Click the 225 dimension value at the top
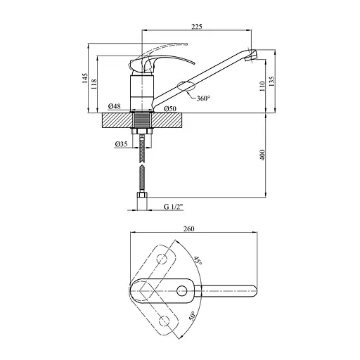(x=197, y=27)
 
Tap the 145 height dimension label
(x=84, y=78)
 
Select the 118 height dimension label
(x=94, y=84)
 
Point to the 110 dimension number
(x=262, y=86)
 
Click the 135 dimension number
(x=272, y=81)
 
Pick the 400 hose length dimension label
(x=262, y=155)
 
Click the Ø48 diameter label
(x=115, y=106)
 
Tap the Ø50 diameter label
(x=170, y=108)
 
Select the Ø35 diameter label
(x=121, y=143)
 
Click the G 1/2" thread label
(x=174, y=207)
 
